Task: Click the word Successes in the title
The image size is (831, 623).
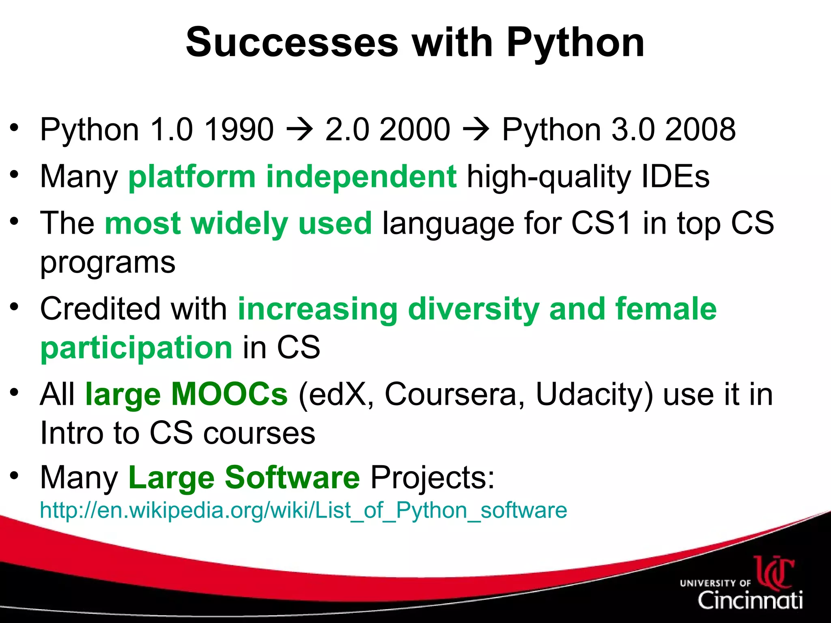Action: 292,43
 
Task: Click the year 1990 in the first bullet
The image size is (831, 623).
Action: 239,130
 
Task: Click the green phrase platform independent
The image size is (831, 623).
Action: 293,177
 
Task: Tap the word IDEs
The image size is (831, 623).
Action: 676,177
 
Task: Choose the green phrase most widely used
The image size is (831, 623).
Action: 238,223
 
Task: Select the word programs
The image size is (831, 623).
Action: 108,263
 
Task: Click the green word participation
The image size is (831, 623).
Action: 136,348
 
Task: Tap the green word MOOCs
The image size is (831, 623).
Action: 229,394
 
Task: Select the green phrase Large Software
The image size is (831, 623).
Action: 244,478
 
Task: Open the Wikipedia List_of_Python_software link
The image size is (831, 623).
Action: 303,510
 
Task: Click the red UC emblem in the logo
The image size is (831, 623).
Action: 774,572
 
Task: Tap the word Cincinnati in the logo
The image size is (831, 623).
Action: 750,600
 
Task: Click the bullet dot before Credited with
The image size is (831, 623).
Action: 15,307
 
